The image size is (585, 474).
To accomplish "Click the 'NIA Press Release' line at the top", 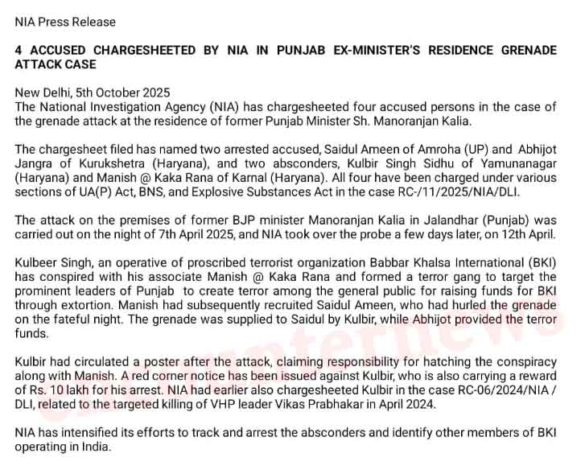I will click(65, 22).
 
